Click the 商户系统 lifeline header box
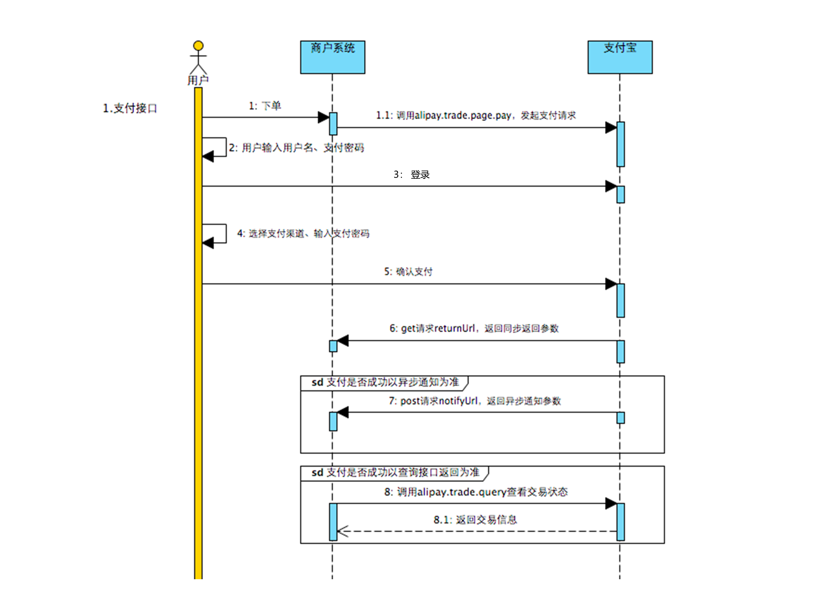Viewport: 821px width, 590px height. point(332,57)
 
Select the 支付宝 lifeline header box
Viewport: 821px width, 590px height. point(620,57)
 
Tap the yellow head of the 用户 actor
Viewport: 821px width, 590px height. point(198,45)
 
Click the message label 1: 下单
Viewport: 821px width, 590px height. point(265,106)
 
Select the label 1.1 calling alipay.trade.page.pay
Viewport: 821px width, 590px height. point(476,115)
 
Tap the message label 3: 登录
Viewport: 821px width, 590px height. point(412,174)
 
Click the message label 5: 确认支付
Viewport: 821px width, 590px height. point(408,272)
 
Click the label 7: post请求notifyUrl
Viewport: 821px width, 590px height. point(475,401)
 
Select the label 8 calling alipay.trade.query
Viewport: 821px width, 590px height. point(476,491)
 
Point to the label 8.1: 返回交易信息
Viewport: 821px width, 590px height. point(475,520)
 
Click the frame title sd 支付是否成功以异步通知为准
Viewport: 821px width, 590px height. point(385,382)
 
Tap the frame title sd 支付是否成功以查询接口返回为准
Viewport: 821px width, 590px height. point(395,472)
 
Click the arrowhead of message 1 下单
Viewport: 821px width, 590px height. point(323,117)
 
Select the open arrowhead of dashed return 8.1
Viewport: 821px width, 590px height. point(342,531)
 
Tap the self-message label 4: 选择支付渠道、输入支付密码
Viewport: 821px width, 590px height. point(303,234)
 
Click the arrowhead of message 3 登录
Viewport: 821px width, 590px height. point(611,186)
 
